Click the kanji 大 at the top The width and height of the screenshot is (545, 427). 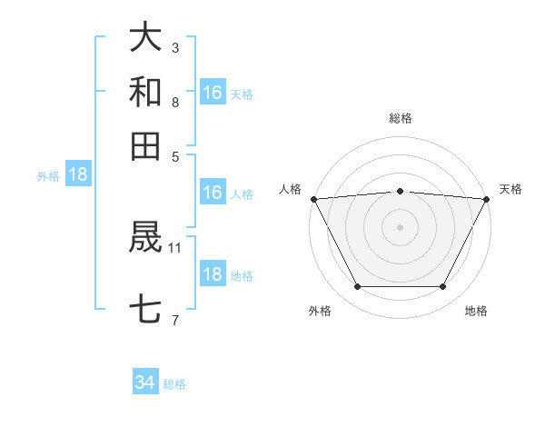click(145, 37)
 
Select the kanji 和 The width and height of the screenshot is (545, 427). click(145, 92)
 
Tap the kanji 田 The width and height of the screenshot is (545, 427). click(145, 145)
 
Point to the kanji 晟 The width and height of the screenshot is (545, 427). click(145, 239)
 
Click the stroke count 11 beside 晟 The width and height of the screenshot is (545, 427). click(175, 246)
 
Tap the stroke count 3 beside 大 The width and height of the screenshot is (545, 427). click(175, 47)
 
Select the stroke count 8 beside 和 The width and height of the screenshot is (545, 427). click(175, 102)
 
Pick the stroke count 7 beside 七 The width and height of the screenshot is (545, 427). click(175, 319)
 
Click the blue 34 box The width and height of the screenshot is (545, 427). click(145, 383)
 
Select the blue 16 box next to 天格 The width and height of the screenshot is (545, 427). click(213, 93)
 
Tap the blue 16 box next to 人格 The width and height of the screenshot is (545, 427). click(213, 193)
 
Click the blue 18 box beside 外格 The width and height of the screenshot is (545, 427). click(78, 175)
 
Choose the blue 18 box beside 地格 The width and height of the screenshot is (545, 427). click(213, 274)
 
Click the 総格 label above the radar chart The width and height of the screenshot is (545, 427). click(401, 118)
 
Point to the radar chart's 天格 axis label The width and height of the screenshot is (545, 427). click(510, 189)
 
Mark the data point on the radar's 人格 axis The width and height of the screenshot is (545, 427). click(313, 199)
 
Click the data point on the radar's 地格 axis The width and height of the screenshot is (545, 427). click(443, 287)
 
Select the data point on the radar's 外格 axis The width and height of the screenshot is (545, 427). click(357, 287)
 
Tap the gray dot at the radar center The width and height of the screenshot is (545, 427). click(400, 226)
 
